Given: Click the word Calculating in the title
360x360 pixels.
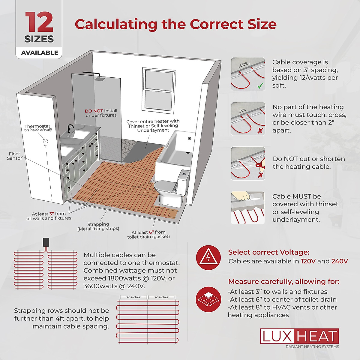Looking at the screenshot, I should click(x=116, y=24).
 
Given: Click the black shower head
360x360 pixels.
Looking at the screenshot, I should click(x=98, y=79).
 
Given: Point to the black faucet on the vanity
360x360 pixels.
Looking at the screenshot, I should click(x=70, y=128).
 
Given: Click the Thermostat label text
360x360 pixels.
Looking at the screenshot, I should click(x=37, y=126).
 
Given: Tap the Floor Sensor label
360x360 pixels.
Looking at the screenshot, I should click(x=14, y=156).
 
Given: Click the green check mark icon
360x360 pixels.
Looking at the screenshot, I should click(x=260, y=86).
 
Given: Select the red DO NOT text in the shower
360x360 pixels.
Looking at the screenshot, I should click(x=94, y=111).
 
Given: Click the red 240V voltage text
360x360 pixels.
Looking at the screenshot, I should click(x=340, y=261).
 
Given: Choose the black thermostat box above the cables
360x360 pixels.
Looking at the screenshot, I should click(x=46, y=242).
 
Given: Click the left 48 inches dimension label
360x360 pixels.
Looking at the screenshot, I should click(x=133, y=297).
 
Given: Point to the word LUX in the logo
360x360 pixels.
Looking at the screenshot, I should click(x=277, y=336).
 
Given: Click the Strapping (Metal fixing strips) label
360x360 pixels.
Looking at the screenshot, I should click(x=98, y=226).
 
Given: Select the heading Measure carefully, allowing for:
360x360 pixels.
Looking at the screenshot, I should click(x=283, y=282).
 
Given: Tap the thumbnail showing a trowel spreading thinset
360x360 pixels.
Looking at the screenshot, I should click(x=248, y=208).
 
